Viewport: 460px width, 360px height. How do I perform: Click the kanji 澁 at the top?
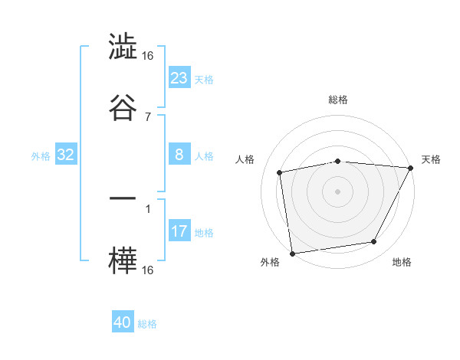tap(123, 47)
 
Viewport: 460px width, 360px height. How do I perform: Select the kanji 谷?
tap(123, 107)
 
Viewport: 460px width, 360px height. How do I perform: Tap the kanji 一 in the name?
tap(123, 198)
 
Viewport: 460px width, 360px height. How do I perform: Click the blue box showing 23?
tap(179, 78)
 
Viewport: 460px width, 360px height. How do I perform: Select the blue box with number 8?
tap(179, 155)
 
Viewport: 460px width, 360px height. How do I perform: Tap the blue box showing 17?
tap(179, 231)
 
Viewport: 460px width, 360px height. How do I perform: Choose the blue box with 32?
tap(66, 155)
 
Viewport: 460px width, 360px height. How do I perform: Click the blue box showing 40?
tap(123, 322)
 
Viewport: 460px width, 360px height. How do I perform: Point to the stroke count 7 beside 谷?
tap(148, 116)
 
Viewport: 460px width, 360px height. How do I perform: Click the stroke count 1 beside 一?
tap(148, 208)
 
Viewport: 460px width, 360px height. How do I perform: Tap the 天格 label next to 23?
tap(204, 79)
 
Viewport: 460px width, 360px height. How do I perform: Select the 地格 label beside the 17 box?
tap(204, 232)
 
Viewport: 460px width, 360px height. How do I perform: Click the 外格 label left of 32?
tap(41, 155)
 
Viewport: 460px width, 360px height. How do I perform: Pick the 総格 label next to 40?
tap(147, 324)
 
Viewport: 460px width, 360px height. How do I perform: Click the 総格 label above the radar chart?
tap(337, 100)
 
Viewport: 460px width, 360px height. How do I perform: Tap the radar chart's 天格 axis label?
tap(432, 159)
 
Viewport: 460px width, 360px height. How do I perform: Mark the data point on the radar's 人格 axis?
tap(281, 172)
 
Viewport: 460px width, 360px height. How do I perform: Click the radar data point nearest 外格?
tap(292, 253)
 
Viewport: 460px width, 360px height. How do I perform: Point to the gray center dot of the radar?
tap(337, 191)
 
